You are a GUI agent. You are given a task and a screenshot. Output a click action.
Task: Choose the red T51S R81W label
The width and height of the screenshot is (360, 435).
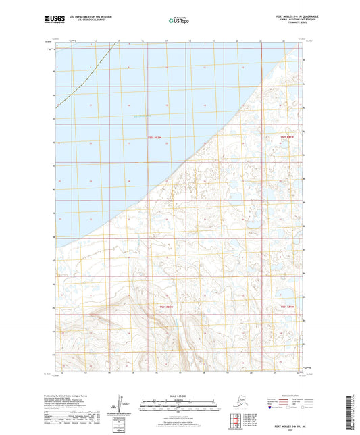[288, 307]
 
